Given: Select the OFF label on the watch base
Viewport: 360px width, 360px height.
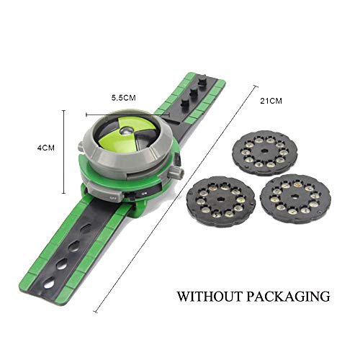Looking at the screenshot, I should tap(114, 197).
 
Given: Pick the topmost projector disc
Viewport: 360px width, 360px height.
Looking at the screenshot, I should tap(266, 153).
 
